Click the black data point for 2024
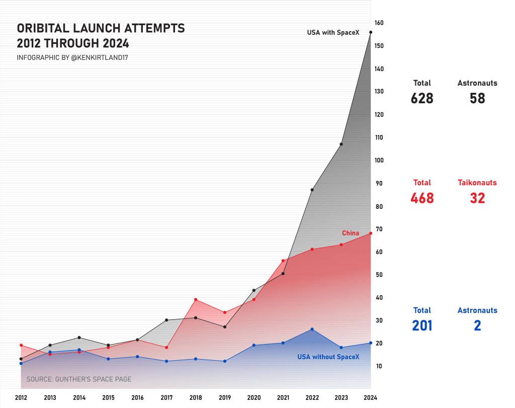click(x=371, y=32)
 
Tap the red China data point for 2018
click(x=196, y=300)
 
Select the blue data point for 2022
click(x=312, y=329)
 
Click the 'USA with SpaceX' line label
click(x=333, y=33)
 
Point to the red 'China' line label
click(x=351, y=233)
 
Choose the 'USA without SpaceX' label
click(x=328, y=357)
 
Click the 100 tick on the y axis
click(x=379, y=161)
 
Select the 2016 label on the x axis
click(x=137, y=398)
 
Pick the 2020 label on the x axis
click(x=254, y=398)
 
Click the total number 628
click(x=422, y=98)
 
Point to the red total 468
click(x=422, y=198)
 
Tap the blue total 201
click(x=422, y=326)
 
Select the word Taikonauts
click(x=477, y=183)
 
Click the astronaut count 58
click(x=477, y=98)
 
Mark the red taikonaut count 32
click(x=477, y=198)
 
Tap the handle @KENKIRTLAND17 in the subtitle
click(x=100, y=58)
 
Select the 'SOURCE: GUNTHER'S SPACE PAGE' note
click(x=79, y=379)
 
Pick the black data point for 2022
click(x=312, y=190)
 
